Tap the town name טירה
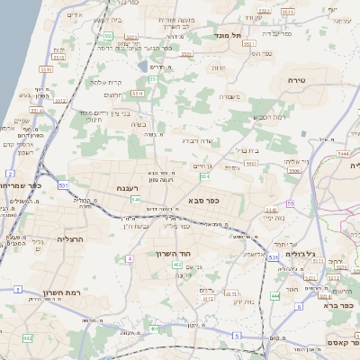(296, 80)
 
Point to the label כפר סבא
(204, 199)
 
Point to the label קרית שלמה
(107, 81)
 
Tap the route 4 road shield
(130, 258)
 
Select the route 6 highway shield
(298, 307)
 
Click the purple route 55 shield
(240, 177)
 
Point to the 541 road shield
(133, 199)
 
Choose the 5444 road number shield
(344, 155)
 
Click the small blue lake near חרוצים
(142, 66)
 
